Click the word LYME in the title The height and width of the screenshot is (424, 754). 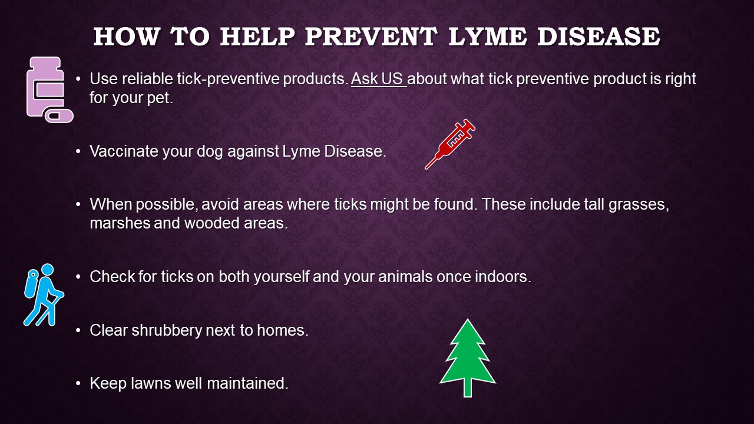click(488, 37)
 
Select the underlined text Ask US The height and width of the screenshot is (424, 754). click(378, 79)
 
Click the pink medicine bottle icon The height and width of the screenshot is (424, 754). click(45, 87)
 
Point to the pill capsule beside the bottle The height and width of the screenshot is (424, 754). click(59, 116)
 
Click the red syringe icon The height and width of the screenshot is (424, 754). click(449, 144)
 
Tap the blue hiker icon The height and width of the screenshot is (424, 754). click(44, 295)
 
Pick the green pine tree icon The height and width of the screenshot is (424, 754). click(468, 357)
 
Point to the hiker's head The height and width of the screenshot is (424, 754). click(48, 270)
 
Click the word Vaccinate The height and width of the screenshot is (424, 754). click(124, 151)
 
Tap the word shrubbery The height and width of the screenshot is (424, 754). click(167, 330)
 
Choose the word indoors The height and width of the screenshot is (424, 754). click(503, 277)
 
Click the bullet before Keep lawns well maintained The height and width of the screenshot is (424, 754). click(78, 383)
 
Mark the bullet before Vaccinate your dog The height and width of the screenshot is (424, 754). click(78, 151)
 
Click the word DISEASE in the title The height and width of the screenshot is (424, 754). click(599, 37)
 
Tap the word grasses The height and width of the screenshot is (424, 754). click(639, 204)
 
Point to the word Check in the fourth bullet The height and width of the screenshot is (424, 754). click(112, 277)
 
